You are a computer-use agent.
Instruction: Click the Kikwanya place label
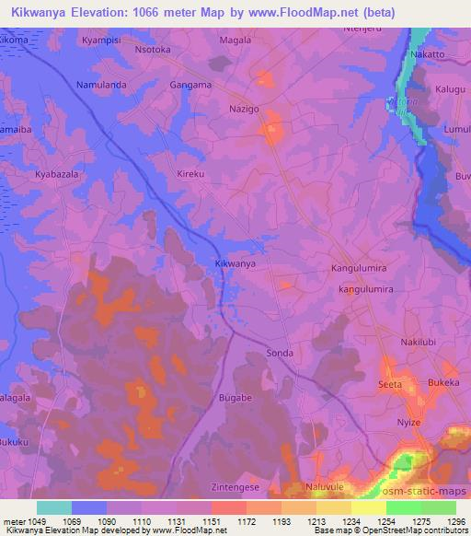235,264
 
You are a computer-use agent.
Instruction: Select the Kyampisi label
101,41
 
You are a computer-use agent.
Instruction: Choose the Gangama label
191,85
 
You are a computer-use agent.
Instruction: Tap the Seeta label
391,384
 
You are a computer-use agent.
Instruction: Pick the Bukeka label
444,382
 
